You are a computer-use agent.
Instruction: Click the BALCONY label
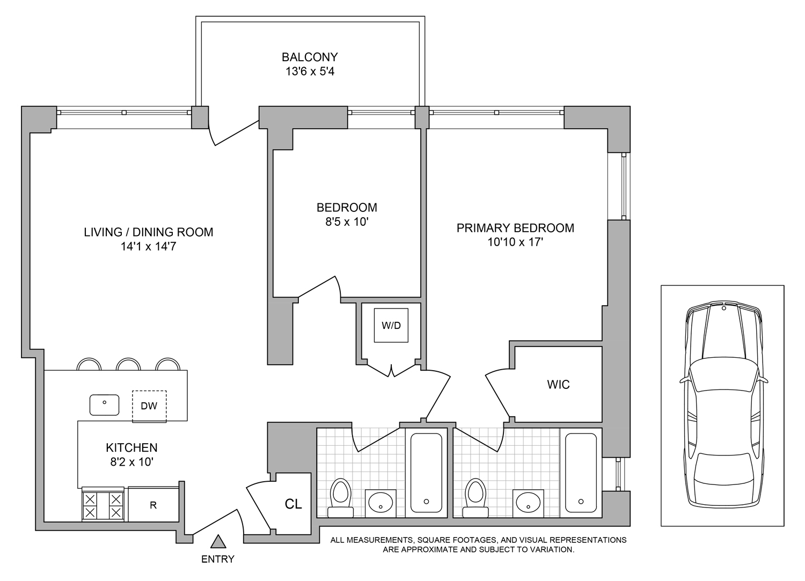tap(310, 57)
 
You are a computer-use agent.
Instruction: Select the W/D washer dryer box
tap(391, 325)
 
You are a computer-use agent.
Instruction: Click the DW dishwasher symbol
tap(149, 406)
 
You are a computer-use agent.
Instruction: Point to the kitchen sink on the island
tap(104, 405)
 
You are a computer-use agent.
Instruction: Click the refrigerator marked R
tap(153, 505)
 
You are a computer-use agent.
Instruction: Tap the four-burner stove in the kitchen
tap(103, 505)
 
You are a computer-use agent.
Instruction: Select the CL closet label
tap(293, 504)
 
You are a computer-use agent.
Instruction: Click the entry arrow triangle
tap(217, 541)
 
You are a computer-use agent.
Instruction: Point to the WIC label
tap(558, 384)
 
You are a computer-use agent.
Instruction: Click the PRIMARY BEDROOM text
tap(515, 228)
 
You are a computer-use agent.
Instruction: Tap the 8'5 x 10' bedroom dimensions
tap(347, 222)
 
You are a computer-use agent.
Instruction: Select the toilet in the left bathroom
tap(340, 497)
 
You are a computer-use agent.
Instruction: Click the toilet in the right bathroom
tap(474, 497)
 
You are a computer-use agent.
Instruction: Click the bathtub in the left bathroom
tap(426, 472)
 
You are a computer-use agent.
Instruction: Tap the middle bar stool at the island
tap(129, 365)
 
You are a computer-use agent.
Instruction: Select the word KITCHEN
tap(131, 447)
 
